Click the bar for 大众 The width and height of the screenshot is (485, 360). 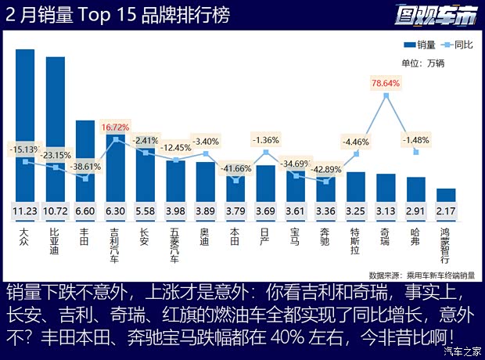(x=25, y=125)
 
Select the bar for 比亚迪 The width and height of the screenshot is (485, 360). (x=55, y=129)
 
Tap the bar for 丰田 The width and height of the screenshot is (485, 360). (x=84, y=160)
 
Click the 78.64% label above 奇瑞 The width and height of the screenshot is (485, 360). (x=386, y=82)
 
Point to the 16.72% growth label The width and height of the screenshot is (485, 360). (x=115, y=126)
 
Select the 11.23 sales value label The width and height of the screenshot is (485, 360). (x=25, y=211)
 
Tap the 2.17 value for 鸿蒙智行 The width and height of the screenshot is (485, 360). (x=446, y=211)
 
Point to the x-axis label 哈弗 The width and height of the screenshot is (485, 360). (x=415, y=233)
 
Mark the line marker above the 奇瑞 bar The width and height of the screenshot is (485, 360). (x=386, y=95)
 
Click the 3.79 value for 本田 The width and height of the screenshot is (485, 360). (x=235, y=211)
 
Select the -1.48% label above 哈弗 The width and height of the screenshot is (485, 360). (x=415, y=139)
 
